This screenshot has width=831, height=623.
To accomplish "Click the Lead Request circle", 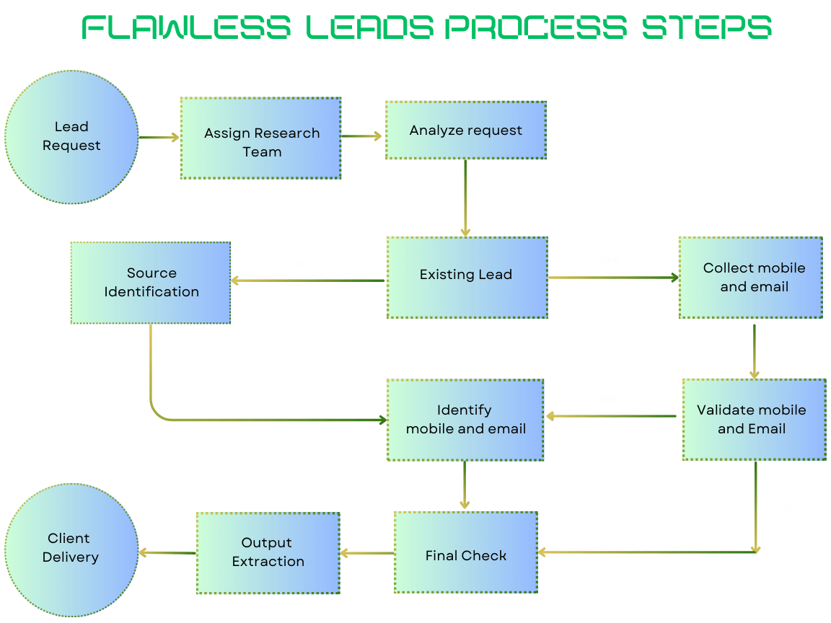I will [71, 137].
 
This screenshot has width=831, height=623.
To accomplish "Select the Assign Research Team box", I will [260, 138].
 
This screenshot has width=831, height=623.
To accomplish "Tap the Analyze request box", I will [465, 131].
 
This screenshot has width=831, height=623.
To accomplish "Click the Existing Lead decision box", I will [467, 277].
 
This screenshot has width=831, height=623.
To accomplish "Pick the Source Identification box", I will [151, 283].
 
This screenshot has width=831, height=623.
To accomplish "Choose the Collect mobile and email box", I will [750, 277].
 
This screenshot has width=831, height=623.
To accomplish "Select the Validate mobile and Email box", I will [754, 419].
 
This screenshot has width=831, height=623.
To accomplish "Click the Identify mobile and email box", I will [465, 420].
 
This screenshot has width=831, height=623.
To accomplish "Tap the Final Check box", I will [466, 552].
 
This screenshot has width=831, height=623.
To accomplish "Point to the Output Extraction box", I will [268, 553].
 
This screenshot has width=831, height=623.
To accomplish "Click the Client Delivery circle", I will [71, 549].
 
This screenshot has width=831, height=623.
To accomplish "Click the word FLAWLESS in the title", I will [186, 27].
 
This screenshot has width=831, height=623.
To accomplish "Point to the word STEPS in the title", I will [706, 27].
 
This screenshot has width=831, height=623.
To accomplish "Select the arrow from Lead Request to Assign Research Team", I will [159, 138].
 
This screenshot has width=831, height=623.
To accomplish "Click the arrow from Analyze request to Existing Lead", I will [465, 198].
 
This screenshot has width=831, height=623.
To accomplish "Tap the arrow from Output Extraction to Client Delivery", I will [167, 552].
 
